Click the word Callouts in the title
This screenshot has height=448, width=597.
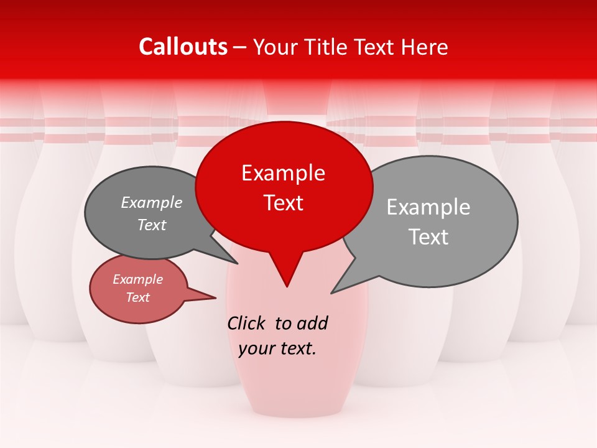183,47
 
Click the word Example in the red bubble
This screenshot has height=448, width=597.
283,173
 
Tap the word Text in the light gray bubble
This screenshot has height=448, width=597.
429,236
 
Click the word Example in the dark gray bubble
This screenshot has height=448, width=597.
152,202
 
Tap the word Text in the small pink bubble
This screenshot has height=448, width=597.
137,297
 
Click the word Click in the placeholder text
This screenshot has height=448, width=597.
248,323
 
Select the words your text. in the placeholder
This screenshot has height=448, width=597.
277,348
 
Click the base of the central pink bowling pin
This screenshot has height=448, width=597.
297,408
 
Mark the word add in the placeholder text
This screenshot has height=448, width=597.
312,323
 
